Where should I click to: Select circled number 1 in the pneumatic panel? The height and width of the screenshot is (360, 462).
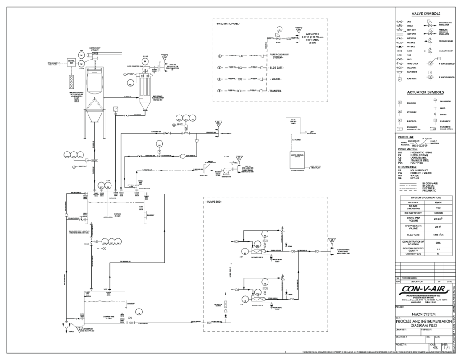[x=220, y=56]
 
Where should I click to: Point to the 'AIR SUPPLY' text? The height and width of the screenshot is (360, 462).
[x=313, y=33]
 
